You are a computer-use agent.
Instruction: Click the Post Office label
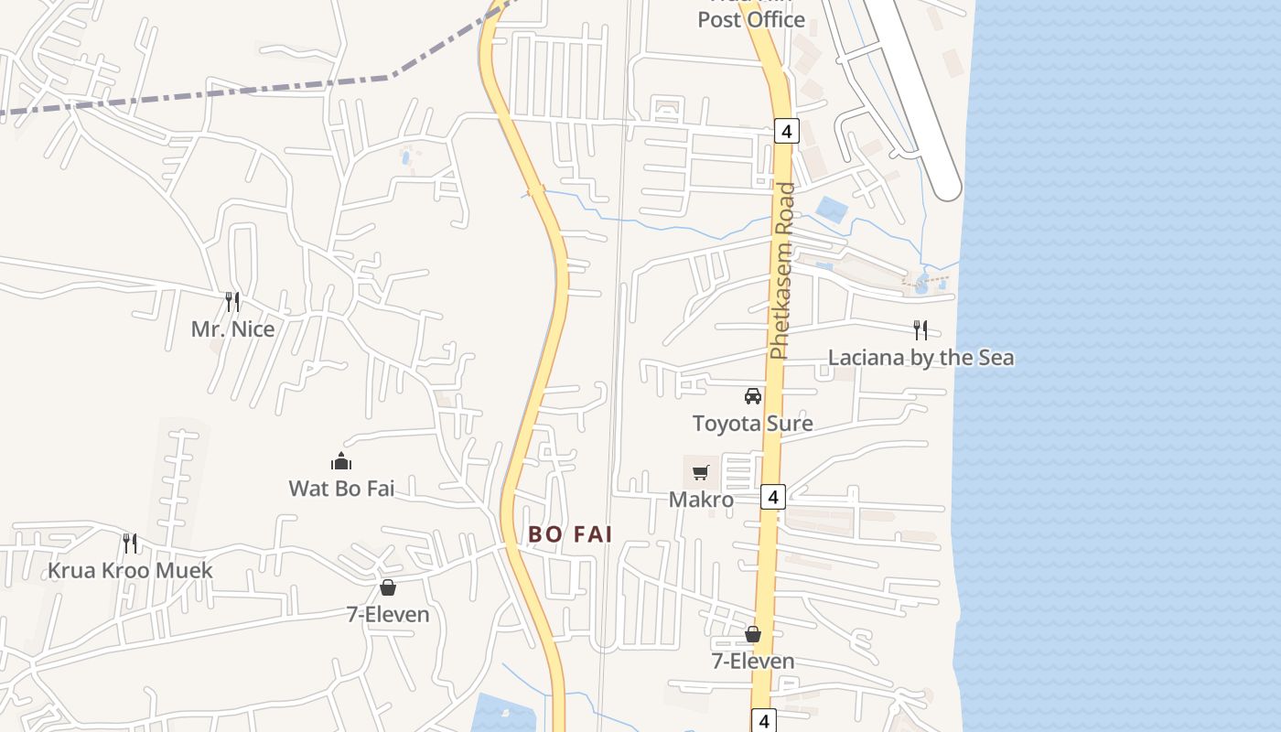click(x=751, y=19)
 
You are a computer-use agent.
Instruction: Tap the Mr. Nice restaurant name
click(x=232, y=329)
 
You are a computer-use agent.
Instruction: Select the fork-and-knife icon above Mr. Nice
click(x=232, y=301)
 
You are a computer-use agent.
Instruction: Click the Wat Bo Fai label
click(x=341, y=489)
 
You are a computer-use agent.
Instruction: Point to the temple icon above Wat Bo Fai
click(x=341, y=460)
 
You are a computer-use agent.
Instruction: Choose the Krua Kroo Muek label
click(x=130, y=571)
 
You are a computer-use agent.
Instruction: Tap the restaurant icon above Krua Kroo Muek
click(x=130, y=544)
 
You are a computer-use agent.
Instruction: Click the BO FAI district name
click(x=570, y=534)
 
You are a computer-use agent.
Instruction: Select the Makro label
click(x=701, y=500)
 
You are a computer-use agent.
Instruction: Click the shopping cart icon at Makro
click(x=701, y=472)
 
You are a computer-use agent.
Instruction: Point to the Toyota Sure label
click(x=752, y=424)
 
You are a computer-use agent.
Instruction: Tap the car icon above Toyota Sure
click(x=752, y=396)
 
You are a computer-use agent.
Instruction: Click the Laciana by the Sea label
click(x=920, y=357)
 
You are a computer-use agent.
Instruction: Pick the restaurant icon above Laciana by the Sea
click(x=920, y=329)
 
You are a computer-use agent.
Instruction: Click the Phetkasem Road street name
click(x=782, y=272)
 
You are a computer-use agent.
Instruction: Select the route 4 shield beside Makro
click(x=773, y=497)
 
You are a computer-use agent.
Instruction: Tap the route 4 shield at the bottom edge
click(x=765, y=720)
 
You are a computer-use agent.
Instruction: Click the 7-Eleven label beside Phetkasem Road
click(x=753, y=661)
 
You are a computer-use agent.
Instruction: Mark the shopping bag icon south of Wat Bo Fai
click(x=388, y=587)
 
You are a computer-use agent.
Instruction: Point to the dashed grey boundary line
click(x=274, y=89)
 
